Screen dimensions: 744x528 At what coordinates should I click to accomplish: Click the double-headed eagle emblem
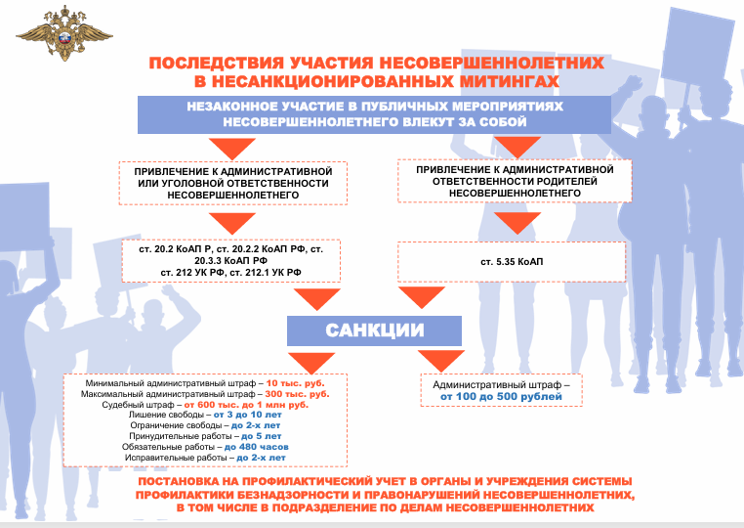(64, 33)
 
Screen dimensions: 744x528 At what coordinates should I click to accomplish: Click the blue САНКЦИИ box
(374, 330)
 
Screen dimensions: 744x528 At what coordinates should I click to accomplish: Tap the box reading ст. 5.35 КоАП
(512, 262)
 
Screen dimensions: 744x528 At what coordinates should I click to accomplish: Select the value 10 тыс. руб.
(295, 383)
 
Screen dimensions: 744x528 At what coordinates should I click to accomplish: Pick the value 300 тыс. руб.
(297, 394)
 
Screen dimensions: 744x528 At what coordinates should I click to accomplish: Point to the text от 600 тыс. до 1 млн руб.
(246, 405)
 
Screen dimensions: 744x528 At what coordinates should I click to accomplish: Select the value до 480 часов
(256, 447)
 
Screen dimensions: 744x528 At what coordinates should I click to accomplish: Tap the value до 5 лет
(261, 436)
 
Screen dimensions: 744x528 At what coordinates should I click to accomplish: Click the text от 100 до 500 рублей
(501, 397)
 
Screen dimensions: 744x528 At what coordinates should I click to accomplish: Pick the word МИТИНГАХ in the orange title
(509, 82)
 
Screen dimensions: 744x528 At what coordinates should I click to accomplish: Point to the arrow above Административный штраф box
(441, 361)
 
